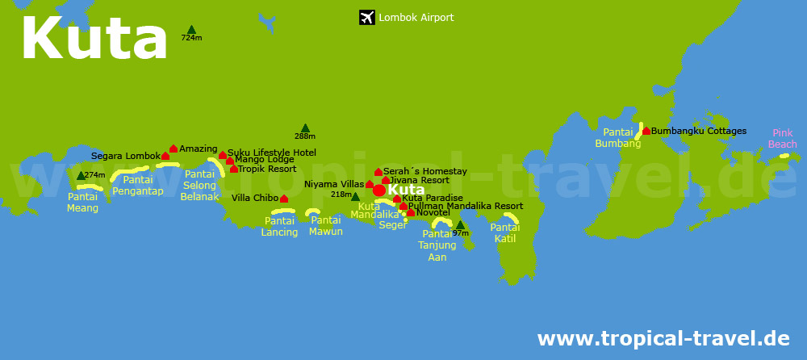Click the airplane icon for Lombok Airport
point(367,17)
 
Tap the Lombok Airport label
point(416,17)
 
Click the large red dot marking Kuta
point(378,190)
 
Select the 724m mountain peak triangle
point(191,30)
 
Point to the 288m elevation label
point(305,136)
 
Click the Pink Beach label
point(782,139)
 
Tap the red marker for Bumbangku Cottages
point(646,131)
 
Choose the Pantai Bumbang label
point(617,138)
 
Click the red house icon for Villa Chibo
point(284,198)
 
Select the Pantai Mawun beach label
point(326,226)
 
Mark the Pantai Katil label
point(505,233)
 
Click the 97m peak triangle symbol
point(460,225)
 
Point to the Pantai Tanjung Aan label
point(437,245)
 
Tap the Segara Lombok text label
point(126,156)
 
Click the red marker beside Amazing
point(173,149)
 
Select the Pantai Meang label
point(83,203)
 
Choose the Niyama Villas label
point(334,185)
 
